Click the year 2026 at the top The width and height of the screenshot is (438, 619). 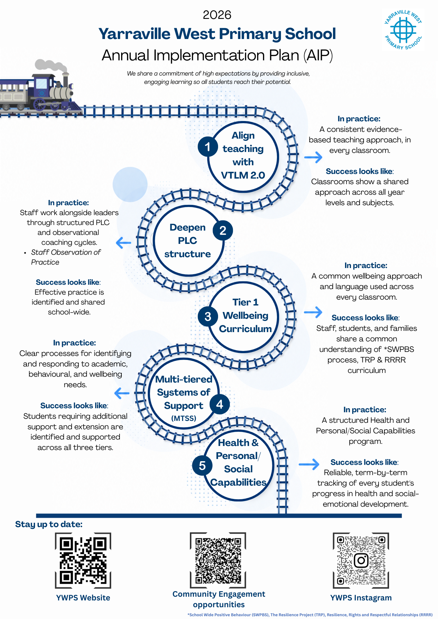coord(217,15)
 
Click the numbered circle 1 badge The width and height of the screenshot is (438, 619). coord(208,147)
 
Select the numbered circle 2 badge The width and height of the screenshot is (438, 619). coord(223,231)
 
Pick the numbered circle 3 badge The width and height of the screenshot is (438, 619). coord(208,317)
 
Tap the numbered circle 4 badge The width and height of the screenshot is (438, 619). coord(220,404)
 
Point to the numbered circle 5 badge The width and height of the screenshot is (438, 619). coord(202,465)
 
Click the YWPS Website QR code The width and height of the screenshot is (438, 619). coord(83,561)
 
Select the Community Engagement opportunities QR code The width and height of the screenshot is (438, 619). coord(218,560)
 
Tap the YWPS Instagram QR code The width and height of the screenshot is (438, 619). coord(361,561)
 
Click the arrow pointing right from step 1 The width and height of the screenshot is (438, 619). coord(313,157)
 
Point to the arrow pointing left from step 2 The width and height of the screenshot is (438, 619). coord(124,243)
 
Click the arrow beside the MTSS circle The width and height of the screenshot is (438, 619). coord(122,393)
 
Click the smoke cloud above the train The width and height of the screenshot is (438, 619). coord(51,66)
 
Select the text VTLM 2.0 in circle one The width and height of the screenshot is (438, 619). coord(243,175)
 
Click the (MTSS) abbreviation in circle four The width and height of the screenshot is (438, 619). coord(184,418)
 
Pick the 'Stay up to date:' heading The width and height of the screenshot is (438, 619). coord(49,524)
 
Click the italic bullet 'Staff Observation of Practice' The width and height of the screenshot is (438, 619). coord(66,257)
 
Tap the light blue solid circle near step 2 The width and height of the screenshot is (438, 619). coord(130,184)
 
